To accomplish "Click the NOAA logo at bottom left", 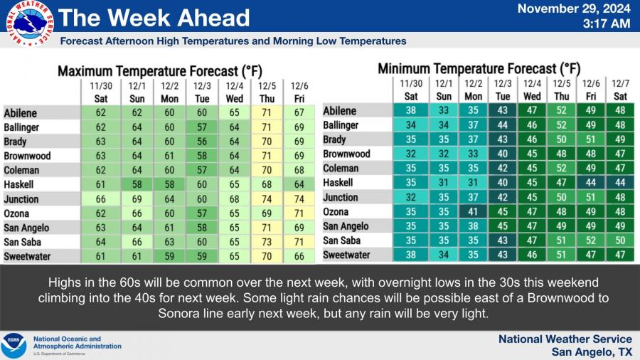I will click(14, 346).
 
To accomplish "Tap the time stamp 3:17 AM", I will click(605, 23).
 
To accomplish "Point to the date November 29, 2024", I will click(573, 9).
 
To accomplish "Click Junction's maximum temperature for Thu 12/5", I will click(267, 199).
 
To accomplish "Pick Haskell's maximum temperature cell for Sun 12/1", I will click(137, 185).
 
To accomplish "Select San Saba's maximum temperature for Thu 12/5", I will click(267, 243).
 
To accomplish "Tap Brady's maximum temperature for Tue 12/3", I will click(202, 142).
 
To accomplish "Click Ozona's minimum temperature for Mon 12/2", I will click(473, 211).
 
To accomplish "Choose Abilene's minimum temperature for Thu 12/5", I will click(562, 111).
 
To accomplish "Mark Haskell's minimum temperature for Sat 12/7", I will click(620, 183).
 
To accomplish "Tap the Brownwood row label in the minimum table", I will click(347, 154).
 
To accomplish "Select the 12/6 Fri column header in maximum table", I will click(299, 91).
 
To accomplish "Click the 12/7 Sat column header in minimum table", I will click(620, 91).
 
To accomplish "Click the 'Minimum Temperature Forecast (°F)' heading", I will click(479, 69).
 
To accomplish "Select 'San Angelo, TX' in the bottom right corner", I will click(592, 352).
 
